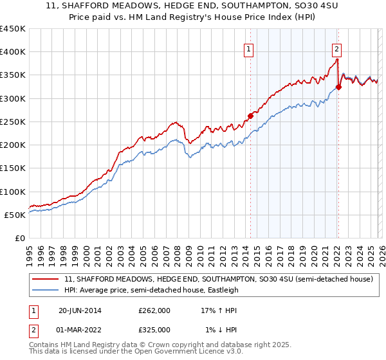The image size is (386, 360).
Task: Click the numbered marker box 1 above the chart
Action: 248,47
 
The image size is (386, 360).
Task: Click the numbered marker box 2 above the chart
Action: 336,47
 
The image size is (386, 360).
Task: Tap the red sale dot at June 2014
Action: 250,116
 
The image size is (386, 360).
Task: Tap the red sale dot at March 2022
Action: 338,87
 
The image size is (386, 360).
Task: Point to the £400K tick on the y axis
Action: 13,52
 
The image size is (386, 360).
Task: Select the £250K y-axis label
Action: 13,122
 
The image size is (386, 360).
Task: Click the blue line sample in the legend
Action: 46,290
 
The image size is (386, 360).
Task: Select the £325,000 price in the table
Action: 154,329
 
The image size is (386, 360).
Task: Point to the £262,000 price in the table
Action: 154,310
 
